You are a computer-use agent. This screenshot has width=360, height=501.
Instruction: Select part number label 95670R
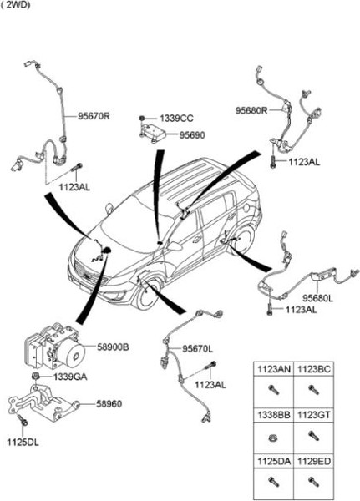point(94,116)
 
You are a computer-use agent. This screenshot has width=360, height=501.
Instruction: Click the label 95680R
point(251,110)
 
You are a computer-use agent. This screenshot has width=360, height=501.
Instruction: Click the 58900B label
point(113,345)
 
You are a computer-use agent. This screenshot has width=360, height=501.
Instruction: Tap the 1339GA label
point(69,377)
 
